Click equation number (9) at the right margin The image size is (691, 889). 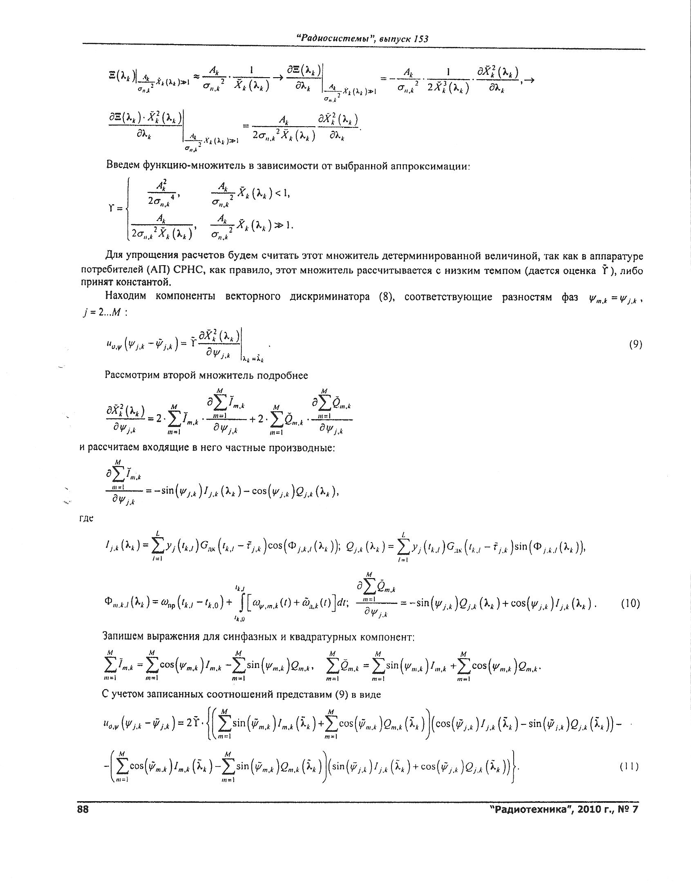pos(635,345)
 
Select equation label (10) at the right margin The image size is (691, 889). pos(630,603)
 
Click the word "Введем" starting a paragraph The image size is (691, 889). pos(123,165)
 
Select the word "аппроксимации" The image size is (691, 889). pos(429,165)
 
